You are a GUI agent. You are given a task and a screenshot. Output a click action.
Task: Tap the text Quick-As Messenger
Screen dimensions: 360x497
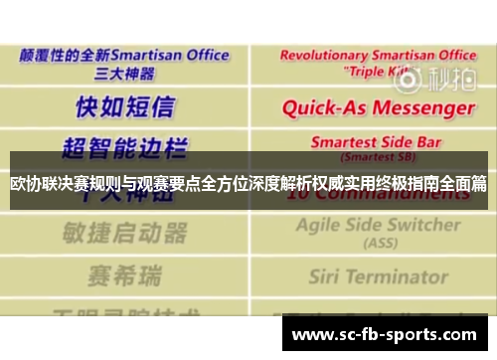click(378, 106)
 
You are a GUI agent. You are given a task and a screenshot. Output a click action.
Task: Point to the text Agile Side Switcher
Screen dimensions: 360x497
click(378, 226)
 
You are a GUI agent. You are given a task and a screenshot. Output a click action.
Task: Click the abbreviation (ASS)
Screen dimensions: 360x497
click(378, 242)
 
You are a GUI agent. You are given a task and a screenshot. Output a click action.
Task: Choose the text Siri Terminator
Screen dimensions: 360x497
click(378, 275)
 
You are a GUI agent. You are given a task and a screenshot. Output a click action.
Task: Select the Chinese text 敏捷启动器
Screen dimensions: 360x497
click(125, 233)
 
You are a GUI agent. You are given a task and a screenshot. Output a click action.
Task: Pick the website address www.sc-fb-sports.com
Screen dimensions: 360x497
click(383, 335)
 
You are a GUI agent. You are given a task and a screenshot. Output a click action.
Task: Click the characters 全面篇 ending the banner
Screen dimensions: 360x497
click(464, 184)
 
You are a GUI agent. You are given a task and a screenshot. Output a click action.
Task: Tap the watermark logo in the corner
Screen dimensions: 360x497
click(449, 78)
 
